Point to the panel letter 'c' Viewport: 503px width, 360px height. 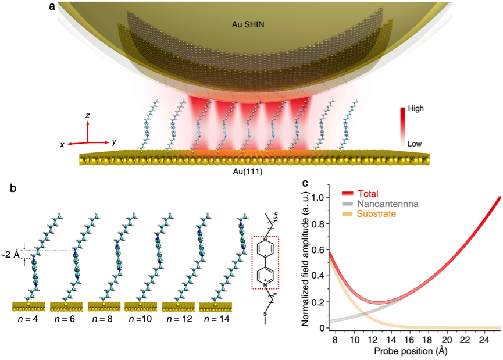click(x=306, y=183)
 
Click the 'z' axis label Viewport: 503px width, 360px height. click(x=87, y=116)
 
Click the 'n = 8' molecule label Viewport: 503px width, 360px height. click(x=107, y=319)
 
